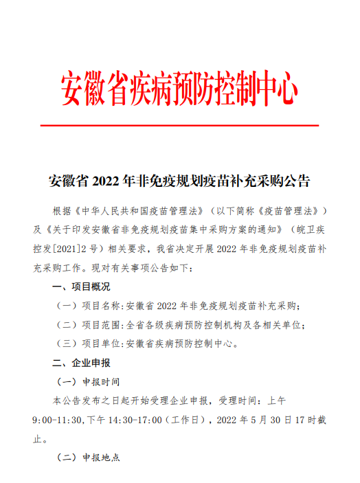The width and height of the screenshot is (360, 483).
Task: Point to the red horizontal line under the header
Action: (180, 126)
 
